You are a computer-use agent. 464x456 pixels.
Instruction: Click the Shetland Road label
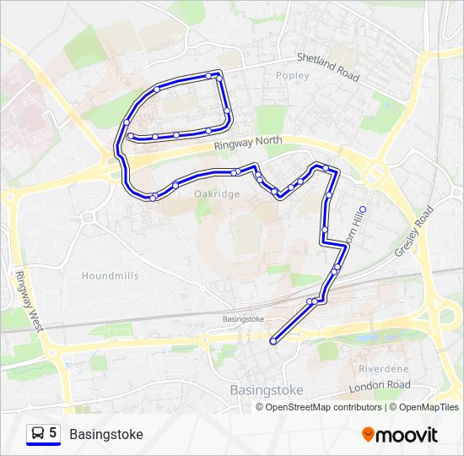328,68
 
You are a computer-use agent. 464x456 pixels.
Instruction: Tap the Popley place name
293,76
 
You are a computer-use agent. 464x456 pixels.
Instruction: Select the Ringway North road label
247,144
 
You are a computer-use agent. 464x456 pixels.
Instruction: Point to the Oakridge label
218,194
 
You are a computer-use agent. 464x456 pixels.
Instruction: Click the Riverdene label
383,369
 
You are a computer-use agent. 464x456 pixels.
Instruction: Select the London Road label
380,385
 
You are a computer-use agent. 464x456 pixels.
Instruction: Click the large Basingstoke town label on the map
266,390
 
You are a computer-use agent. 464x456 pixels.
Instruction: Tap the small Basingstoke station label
243,319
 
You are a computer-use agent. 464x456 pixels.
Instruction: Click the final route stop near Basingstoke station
273,341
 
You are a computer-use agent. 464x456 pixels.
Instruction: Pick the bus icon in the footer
38,433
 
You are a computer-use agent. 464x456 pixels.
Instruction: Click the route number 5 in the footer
53,433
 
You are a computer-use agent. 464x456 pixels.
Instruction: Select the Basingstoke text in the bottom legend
106,434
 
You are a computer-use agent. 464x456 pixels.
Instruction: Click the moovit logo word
407,435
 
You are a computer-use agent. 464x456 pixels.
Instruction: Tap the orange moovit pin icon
368,435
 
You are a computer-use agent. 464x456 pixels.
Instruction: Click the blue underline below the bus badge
44,445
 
